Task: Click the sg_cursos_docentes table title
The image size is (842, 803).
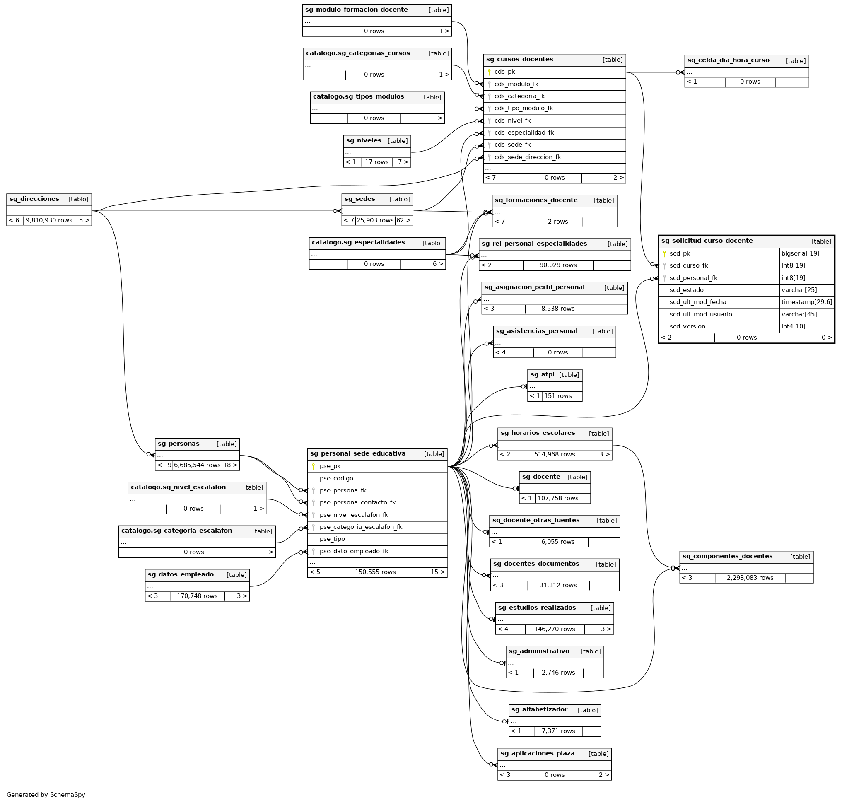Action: point(519,60)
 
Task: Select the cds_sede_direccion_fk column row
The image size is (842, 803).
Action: point(527,157)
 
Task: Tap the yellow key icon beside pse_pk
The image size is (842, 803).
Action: point(314,466)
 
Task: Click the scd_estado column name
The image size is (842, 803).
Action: point(686,290)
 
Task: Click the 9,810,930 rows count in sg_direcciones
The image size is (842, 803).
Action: point(49,220)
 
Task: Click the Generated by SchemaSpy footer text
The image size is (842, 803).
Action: point(46,794)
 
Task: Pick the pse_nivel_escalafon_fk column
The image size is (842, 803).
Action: point(354,514)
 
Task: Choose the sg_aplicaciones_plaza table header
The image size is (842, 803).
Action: point(537,753)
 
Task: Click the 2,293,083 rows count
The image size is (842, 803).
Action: point(750,578)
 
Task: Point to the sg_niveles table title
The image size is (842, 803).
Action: point(363,140)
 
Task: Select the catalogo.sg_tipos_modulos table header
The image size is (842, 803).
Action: point(358,97)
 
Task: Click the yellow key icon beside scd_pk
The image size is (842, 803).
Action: point(664,254)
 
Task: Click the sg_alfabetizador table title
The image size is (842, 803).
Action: point(539,710)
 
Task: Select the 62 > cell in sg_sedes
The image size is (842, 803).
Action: point(403,220)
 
